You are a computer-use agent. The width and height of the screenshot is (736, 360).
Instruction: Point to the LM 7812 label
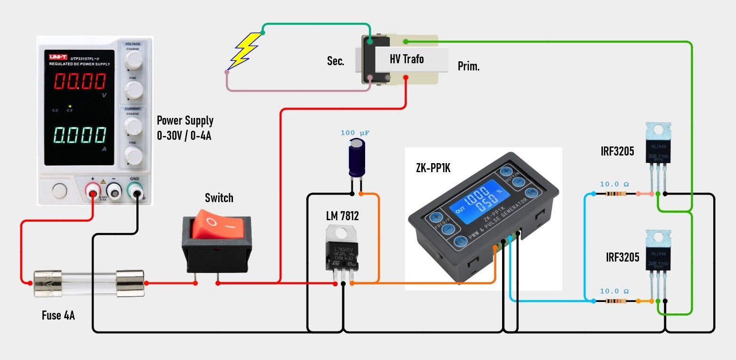342,216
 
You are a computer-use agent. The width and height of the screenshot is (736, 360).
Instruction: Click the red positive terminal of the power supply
92,191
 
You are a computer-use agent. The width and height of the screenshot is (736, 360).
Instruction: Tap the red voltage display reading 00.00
79,82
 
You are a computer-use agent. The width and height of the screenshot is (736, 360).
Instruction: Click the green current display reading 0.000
79,136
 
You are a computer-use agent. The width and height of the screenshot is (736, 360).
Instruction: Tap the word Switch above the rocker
219,197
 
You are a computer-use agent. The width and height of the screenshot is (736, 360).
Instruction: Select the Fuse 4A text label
58,315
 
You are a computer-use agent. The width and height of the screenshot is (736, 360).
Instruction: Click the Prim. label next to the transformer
469,67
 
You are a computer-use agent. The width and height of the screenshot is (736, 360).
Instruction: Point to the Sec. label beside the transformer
336,61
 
